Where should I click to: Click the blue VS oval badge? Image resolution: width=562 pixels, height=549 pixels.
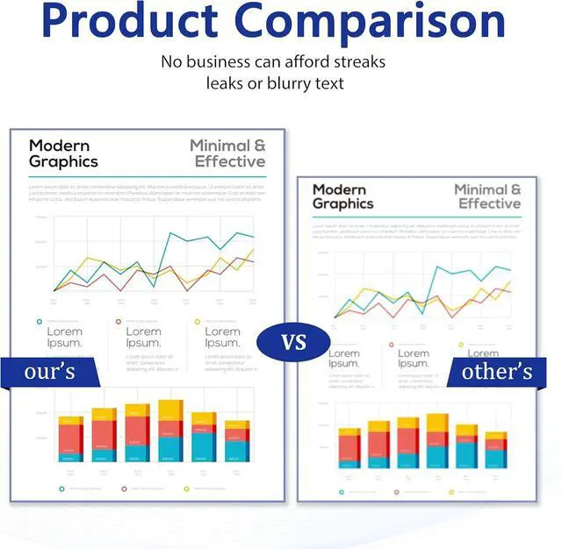[293, 341]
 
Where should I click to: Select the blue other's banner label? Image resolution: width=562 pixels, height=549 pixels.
[497, 371]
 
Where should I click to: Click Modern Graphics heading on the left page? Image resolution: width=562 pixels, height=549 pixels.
[63, 153]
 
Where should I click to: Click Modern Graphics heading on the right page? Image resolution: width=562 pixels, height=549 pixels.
[342, 196]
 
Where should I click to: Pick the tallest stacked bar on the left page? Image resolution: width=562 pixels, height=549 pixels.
[170, 431]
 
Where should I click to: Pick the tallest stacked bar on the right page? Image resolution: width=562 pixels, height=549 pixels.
[436, 440]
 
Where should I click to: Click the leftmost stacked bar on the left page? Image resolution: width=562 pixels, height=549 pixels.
[70, 438]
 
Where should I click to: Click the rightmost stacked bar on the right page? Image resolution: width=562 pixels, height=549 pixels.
[496, 449]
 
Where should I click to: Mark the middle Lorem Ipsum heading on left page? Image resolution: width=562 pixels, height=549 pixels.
[143, 337]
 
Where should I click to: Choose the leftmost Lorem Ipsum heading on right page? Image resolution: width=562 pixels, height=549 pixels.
[343, 359]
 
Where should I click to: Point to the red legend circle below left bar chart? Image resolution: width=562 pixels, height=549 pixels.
[124, 489]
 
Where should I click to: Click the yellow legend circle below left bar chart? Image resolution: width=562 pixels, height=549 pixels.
[186, 489]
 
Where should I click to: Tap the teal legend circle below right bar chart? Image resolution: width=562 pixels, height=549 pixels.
[341, 491]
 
